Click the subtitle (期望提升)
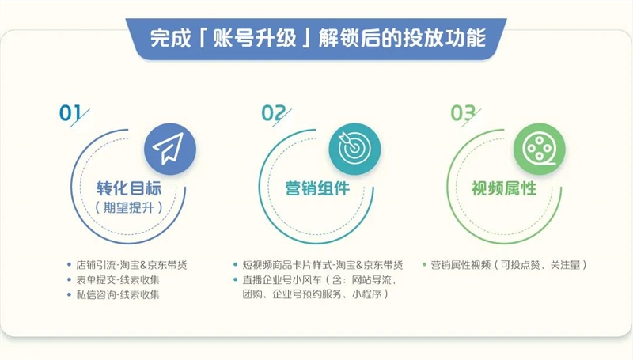[x=127, y=208]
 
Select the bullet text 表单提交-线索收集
[x=117, y=279]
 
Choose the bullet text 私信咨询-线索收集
[x=117, y=294]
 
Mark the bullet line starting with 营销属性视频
[x=510, y=264]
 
